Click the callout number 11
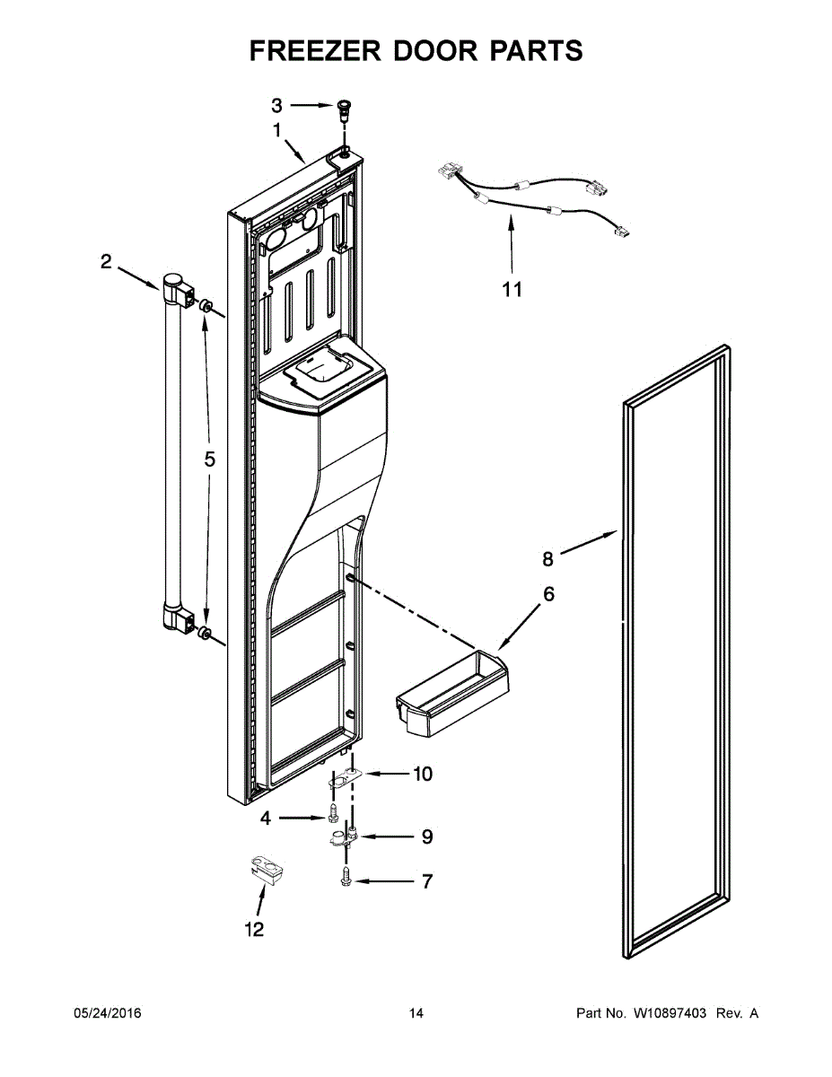click(x=512, y=289)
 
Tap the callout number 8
click(x=547, y=559)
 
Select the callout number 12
click(x=255, y=930)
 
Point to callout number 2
click(x=106, y=262)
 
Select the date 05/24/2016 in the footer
click(x=107, y=1013)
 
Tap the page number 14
click(x=416, y=1013)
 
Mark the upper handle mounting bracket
click(x=180, y=293)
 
